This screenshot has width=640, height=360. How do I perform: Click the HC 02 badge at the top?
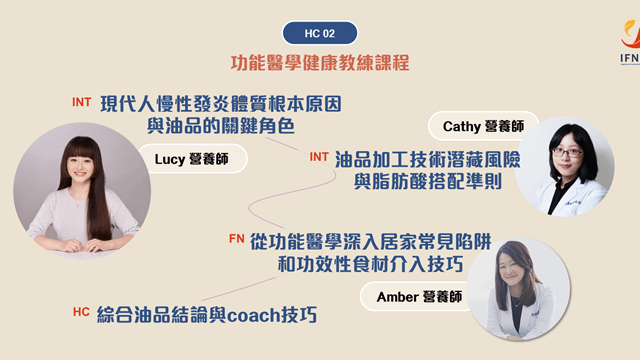coord(320,31)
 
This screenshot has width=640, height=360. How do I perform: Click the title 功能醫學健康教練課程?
coord(320,62)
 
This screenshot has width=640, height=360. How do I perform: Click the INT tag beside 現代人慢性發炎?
coord(82,103)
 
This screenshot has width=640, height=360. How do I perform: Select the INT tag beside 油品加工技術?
coord(319,157)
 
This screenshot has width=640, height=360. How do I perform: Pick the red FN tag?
coord(236,240)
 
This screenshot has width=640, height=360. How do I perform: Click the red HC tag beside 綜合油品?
coord(81,313)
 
